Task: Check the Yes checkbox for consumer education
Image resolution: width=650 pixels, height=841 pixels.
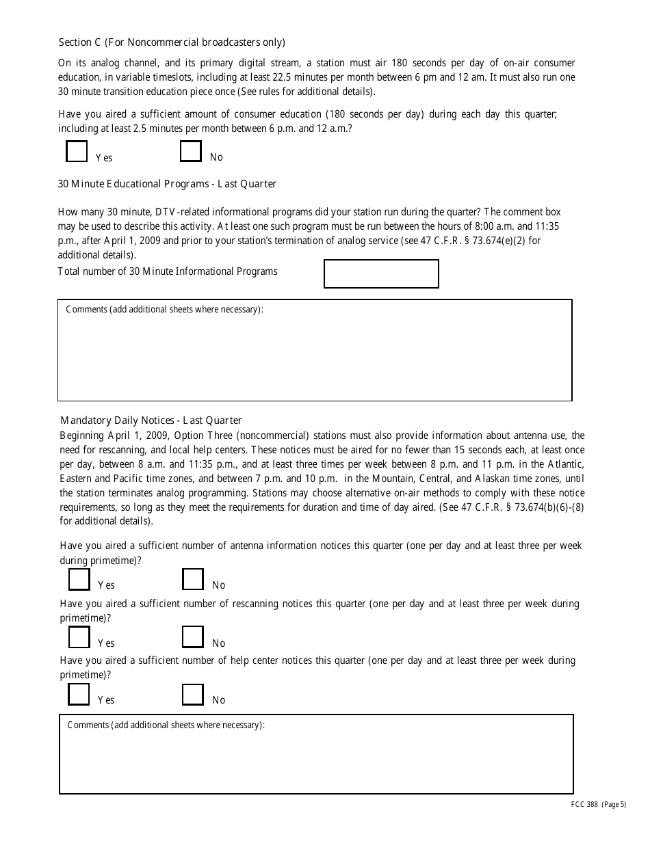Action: click(77, 152)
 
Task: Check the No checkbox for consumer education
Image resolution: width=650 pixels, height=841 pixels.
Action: click(191, 152)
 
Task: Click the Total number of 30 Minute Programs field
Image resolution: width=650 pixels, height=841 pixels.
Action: click(381, 273)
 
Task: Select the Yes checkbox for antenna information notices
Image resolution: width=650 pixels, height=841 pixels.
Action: click(79, 580)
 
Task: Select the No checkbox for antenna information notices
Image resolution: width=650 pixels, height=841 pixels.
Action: click(193, 580)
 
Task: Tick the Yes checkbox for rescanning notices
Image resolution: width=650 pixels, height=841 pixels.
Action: click(79, 637)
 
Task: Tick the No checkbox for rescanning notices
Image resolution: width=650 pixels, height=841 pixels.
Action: click(193, 637)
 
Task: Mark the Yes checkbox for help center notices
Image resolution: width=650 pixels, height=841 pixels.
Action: click(79, 695)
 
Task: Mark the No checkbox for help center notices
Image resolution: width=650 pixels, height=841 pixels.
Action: click(193, 695)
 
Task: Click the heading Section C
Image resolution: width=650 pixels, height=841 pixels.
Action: click(171, 42)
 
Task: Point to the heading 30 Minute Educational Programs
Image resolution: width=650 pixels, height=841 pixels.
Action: click(167, 184)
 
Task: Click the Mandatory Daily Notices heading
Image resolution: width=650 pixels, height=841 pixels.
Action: click(151, 420)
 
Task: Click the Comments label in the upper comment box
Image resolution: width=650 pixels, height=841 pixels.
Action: click(164, 310)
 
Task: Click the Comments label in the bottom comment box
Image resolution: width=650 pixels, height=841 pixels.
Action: click(166, 725)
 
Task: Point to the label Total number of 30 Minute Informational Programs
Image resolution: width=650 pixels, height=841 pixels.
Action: click(168, 271)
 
